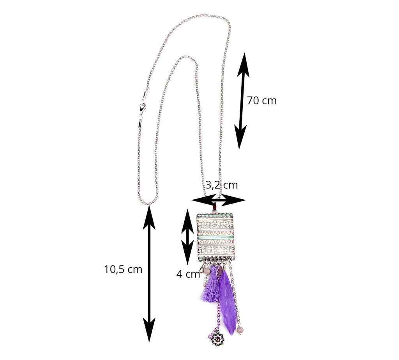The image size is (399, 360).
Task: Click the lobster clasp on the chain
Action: click(x=142, y=108)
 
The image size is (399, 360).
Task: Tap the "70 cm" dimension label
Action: click(x=261, y=101)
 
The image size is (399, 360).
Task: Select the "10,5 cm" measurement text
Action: click(x=123, y=269)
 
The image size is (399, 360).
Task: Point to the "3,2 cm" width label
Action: click(x=222, y=185)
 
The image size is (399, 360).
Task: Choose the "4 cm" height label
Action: click(x=188, y=274)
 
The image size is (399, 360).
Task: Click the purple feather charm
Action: click(x=227, y=301)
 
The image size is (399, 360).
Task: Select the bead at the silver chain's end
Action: click(x=240, y=330)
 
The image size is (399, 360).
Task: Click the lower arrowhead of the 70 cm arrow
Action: click(x=240, y=137)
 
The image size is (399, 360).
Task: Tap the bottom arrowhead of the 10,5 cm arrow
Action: click(x=149, y=330)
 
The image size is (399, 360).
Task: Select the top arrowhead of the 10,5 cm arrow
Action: click(x=149, y=218)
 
